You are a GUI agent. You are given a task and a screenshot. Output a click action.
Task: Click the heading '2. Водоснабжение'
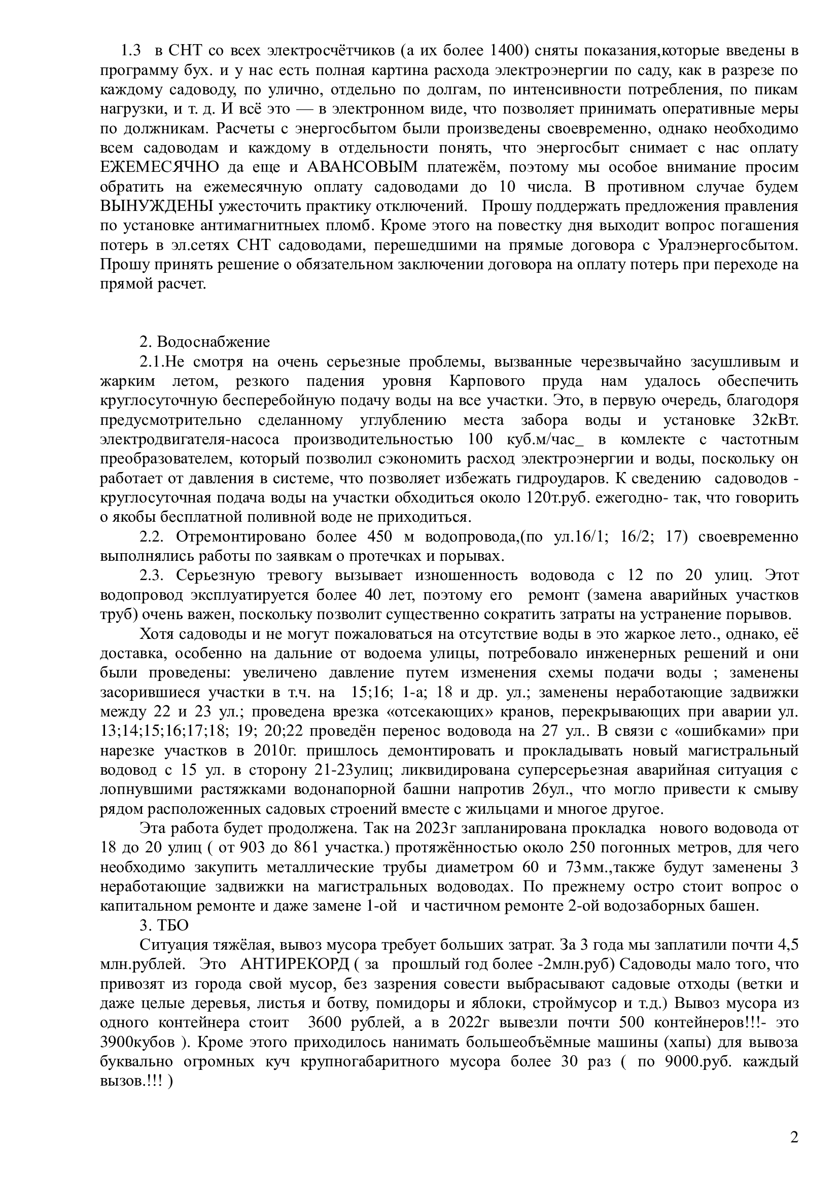[x=204, y=342]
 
